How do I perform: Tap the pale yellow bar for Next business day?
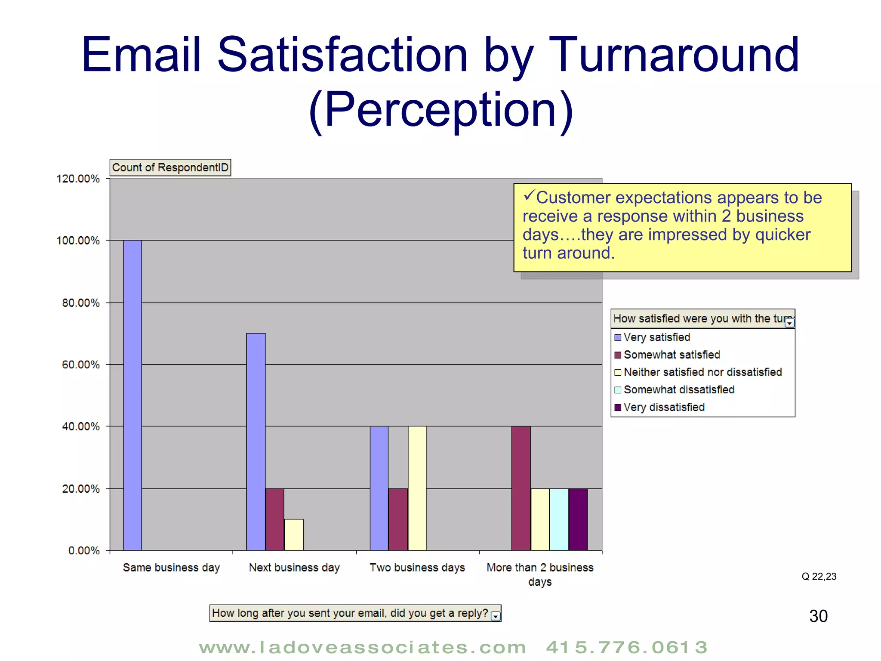294,534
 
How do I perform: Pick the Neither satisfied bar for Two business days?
417,488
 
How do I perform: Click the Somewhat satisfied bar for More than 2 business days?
521,488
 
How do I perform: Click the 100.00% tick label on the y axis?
78,241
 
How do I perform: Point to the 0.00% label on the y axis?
84,550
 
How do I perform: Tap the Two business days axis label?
417,568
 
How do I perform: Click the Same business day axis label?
171,568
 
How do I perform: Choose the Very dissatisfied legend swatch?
618,408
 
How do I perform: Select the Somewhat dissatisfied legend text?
679,390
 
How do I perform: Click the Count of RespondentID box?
170,167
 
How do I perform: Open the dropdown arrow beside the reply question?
496,616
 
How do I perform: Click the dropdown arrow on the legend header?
789,323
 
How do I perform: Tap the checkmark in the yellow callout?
529,196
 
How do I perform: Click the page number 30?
818,616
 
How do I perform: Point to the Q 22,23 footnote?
819,577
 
